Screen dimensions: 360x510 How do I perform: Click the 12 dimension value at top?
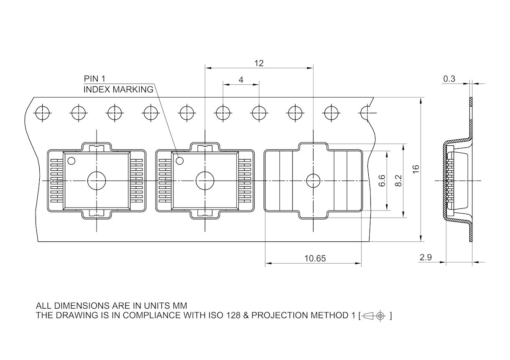[x=259, y=63]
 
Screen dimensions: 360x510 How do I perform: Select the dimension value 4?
[x=241, y=80]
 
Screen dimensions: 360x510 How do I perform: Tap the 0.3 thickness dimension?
[x=449, y=79]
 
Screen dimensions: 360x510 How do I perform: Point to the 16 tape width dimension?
[x=416, y=169]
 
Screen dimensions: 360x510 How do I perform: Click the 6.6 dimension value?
[x=382, y=180]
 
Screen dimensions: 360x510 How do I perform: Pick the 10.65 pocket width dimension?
[x=314, y=259]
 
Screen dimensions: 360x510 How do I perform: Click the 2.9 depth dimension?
[x=426, y=257]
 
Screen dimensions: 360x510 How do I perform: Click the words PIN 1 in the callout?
[x=94, y=79]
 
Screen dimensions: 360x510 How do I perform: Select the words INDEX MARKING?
[x=118, y=89]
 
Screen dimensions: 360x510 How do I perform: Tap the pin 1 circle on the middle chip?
[x=180, y=160]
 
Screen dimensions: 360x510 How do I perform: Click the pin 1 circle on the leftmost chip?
[x=71, y=160]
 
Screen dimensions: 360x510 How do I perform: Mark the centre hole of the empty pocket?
[x=313, y=180]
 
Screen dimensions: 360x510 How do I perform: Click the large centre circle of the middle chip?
[x=205, y=180]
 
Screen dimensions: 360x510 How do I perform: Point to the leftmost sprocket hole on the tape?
[x=42, y=112]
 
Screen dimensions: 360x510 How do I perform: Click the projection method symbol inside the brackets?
[x=374, y=316]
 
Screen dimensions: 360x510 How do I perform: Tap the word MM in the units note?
[x=180, y=305]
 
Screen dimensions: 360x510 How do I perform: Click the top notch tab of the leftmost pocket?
[x=97, y=147]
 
